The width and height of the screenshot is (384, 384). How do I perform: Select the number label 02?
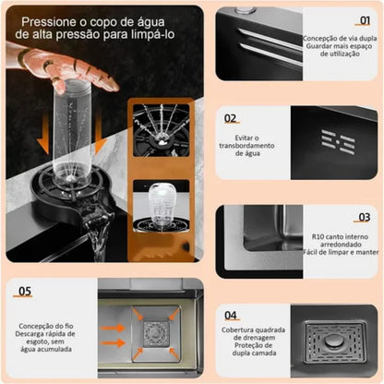[230, 118]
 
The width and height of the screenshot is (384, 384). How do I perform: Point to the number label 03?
[364, 218]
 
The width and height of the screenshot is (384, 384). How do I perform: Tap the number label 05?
[24, 290]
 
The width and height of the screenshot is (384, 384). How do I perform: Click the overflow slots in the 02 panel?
[338, 139]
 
